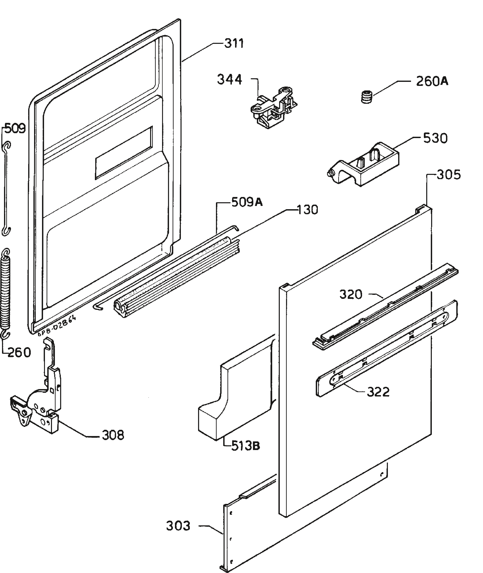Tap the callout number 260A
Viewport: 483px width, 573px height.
[x=432, y=81]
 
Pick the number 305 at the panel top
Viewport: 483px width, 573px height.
[x=448, y=175]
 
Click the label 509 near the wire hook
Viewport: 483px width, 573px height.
[x=15, y=128]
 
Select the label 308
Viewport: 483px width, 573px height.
[x=113, y=435]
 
